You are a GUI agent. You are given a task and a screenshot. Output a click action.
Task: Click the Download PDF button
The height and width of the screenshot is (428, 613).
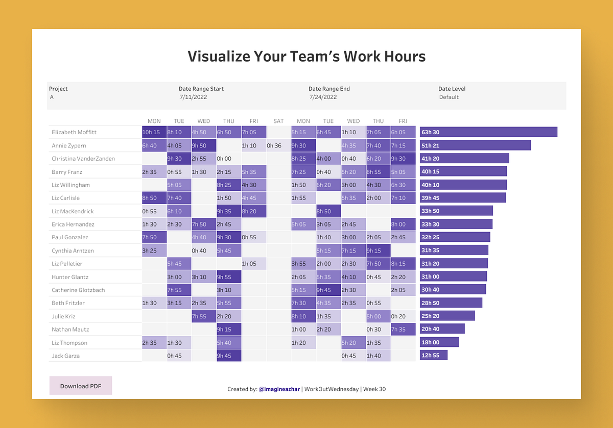[81, 386]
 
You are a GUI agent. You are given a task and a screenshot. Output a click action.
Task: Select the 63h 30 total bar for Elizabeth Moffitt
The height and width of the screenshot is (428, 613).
[488, 132]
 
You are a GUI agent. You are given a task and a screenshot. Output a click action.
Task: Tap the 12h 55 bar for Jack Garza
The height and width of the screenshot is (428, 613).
[433, 355]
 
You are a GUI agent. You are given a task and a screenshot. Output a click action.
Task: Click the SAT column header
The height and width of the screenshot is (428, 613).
[278, 121]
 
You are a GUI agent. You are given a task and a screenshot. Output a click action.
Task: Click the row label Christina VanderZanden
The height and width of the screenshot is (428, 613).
[83, 159]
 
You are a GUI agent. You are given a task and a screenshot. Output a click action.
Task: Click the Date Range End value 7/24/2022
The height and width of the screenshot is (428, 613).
[323, 97]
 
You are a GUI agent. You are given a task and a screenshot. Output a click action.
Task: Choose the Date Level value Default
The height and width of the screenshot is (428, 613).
[449, 97]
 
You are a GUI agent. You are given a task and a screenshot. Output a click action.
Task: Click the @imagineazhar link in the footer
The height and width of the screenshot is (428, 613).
[279, 389]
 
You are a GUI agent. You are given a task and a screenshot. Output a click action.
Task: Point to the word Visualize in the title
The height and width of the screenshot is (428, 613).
[218, 56]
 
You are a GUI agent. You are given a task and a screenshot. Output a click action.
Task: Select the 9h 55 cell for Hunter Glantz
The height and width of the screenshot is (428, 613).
[228, 277]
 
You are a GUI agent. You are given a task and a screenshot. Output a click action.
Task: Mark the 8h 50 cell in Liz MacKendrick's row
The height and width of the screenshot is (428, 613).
[328, 211]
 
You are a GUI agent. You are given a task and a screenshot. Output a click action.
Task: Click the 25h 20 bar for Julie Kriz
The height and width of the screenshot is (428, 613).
[447, 316]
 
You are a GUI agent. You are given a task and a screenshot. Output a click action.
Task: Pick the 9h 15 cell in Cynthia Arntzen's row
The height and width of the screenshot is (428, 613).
[378, 250]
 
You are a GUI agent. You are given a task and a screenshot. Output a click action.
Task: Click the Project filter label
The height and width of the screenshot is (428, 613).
[58, 89]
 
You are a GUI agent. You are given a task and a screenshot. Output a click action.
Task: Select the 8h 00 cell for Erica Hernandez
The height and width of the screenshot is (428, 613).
[403, 224]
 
